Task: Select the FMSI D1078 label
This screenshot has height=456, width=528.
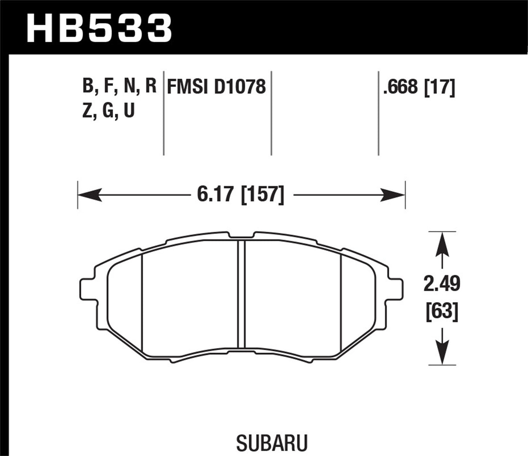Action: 216,87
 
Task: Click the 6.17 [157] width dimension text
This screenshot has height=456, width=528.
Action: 241,194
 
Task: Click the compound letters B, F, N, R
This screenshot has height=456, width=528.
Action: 119,87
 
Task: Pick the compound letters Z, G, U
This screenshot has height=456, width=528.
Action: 108,111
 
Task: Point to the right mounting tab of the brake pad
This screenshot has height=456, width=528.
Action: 395,290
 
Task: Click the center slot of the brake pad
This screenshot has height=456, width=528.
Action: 242,294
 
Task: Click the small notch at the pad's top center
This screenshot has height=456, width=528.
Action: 242,237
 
